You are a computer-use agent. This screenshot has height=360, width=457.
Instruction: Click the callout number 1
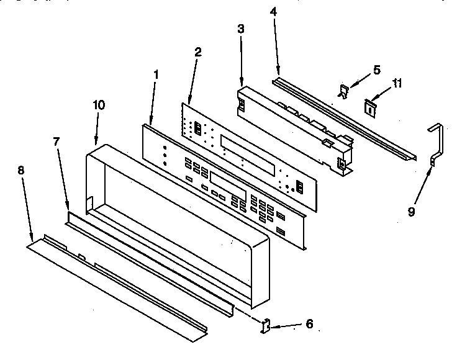coord(155,74)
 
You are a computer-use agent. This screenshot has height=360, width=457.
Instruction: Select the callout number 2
coord(197,52)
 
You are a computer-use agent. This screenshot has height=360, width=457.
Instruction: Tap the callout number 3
coord(241,29)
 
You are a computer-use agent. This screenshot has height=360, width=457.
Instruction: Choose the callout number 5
coord(376,70)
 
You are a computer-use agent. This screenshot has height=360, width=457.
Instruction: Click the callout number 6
coord(309,323)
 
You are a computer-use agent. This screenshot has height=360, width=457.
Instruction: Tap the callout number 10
coord(99,104)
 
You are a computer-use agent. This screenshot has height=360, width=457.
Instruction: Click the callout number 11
coord(398,83)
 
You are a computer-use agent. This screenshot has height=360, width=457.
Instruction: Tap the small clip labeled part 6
coord(266,325)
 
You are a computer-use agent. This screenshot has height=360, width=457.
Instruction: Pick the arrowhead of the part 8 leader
coord(32,238)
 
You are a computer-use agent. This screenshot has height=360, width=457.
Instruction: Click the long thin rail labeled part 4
coord(342,118)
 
